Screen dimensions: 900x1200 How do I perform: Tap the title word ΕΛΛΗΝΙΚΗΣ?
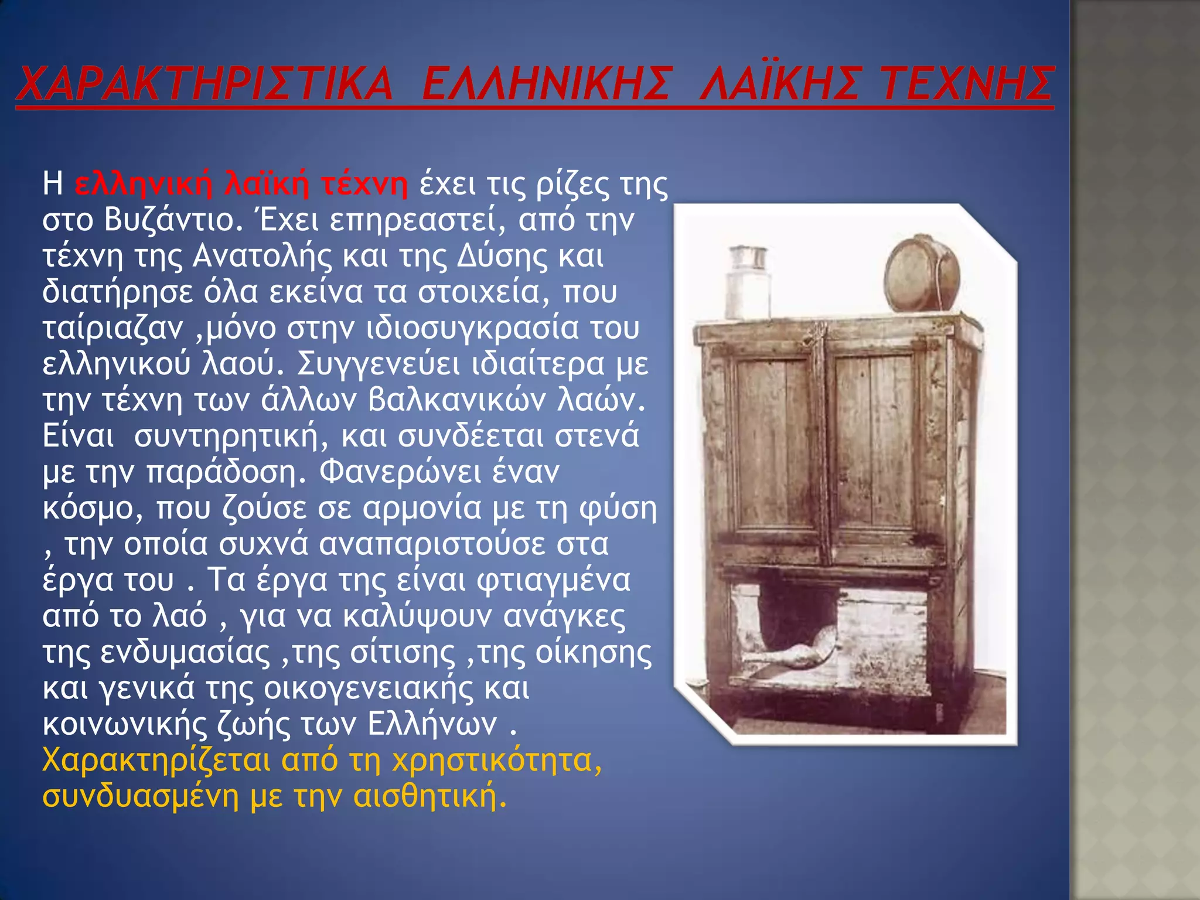click(545, 84)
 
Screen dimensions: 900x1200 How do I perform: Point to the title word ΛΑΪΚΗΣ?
click(779, 84)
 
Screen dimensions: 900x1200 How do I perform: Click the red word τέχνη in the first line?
click(364, 184)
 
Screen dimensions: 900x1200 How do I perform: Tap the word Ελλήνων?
click(432, 725)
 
